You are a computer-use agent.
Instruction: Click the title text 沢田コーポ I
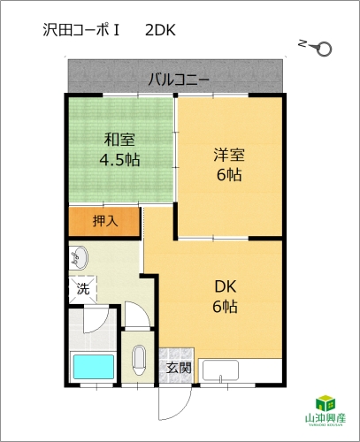(80, 30)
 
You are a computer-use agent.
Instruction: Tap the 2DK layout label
(160, 30)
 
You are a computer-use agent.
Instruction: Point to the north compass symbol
(316, 47)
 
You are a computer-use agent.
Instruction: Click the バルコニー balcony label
(179, 80)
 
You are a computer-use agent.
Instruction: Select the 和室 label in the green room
(119, 140)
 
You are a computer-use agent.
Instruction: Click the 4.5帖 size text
(119, 160)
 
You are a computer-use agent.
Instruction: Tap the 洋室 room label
(229, 155)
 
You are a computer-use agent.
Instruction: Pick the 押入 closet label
(105, 221)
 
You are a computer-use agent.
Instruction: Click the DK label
(226, 286)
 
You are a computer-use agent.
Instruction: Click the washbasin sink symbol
(79, 258)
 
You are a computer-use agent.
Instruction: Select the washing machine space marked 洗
(83, 289)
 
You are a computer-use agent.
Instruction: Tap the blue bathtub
(94, 367)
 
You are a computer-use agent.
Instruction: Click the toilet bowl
(139, 360)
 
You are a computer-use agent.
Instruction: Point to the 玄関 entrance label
(179, 368)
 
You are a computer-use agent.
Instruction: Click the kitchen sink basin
(220, 370)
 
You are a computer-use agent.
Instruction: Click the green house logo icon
(326, 403)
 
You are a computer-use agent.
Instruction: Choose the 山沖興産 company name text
(326, 418)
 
